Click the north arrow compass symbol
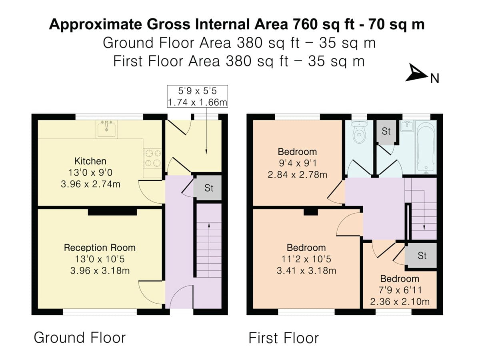point(417,74)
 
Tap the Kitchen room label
point(90,161)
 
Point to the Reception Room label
point(100,248)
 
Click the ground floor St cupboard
point(209,188)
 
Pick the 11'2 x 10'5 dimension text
point(306,259)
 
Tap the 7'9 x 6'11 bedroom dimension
point(400,290)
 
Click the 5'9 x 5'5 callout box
point(197,96)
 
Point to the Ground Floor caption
point(80,338)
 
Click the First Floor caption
point(284,338)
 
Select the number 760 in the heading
point(306,25)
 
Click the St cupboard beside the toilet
point(386,131)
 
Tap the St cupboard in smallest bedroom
point(422,256)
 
